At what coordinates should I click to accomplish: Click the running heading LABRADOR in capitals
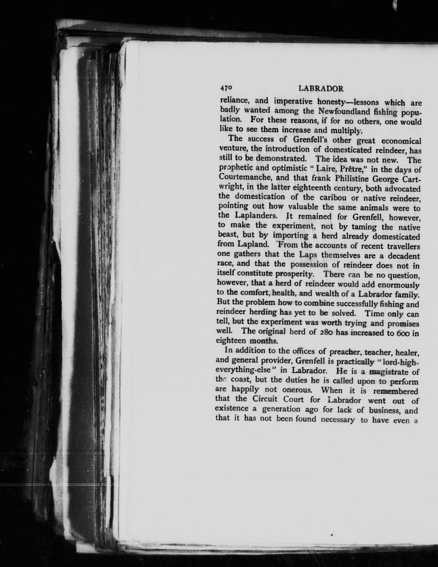(x=321, y=89)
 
